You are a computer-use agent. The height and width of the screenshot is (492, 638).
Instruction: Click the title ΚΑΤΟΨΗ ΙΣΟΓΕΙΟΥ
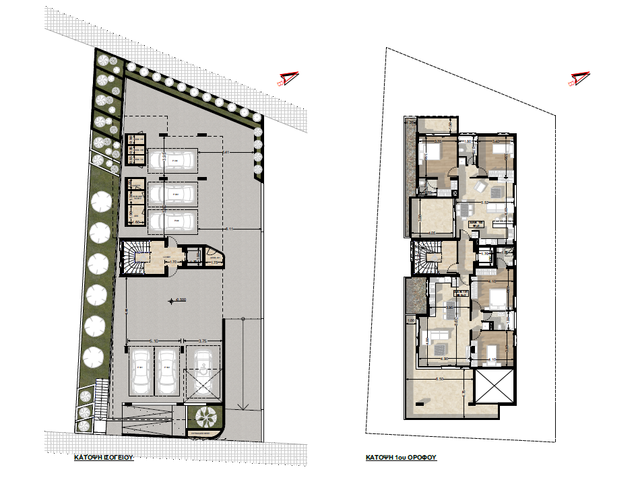coord(104,456)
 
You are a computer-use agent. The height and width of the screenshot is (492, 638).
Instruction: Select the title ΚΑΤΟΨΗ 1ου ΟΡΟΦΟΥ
coord(402,456)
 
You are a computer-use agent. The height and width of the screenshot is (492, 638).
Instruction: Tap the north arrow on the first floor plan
coord(579,79)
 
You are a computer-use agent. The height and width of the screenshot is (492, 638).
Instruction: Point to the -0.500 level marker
coord(177,301)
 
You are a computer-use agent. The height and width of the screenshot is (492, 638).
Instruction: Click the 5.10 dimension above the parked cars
coord(154,341)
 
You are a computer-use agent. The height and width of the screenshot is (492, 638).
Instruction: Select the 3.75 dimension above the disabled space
coord(202,341)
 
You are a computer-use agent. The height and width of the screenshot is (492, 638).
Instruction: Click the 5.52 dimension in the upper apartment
coord(484,202)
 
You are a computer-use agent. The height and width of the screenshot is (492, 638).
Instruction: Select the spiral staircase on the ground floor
coord(133,258)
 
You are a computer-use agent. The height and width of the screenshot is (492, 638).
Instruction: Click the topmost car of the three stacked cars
coord(172,161)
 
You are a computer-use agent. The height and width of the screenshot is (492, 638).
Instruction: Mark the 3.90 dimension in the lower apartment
coord(449,307)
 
